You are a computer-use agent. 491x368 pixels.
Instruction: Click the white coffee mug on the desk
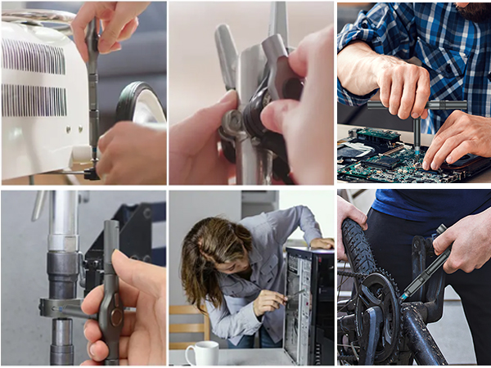click(x=201, y=352)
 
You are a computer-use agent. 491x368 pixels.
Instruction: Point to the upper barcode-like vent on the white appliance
click(x=33, y=56)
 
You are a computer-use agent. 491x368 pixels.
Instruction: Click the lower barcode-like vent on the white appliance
click(x=33, y=100)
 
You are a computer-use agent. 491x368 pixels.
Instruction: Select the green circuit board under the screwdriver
click(x=385, y=159)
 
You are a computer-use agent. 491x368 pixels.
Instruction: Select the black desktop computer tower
click(x=309, y=307)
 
